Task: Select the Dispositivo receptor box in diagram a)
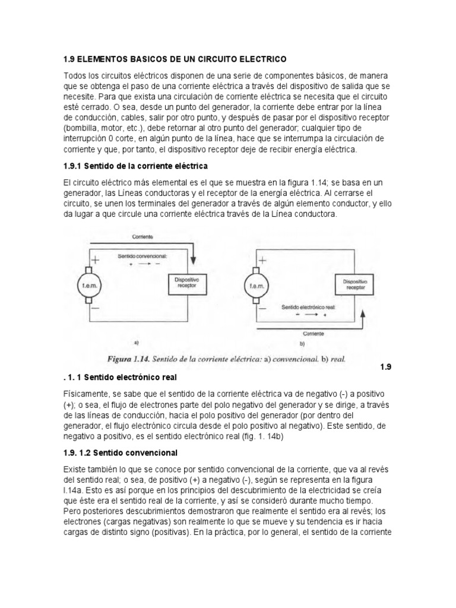pos(188,281)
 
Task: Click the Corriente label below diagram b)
pos(313,334)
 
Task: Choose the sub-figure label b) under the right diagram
pos(302,343)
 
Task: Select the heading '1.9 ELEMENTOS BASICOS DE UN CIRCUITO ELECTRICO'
pos(175,59)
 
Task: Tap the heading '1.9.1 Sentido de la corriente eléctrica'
pos(135,164)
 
